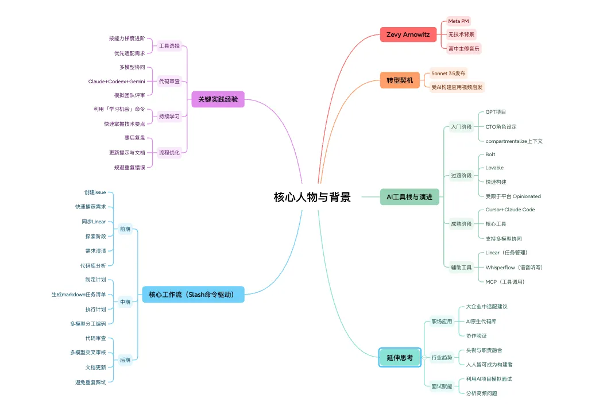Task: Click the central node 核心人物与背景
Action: (x=312, y=198)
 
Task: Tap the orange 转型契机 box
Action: (x=400, y=80)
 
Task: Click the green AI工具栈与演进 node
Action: (x=409, y=197)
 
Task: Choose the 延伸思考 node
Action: (x=400, y=357)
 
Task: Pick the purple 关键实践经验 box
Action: (x=218, y=99)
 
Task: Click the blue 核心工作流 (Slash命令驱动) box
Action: (x=193, y=295)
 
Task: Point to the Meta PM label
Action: (x=458, y=21)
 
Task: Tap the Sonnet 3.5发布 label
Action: (x=449, y=74)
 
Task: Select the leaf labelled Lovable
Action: (x=494, y=168)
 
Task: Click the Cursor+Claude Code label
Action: (x=510, y=210)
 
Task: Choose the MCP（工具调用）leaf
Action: (x=505, y=282)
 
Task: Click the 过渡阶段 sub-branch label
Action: (x=461, y=176)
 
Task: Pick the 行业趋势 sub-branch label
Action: (x=442, y=358)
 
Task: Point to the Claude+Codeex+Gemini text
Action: (x=117, y=81)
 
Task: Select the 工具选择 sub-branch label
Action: (x=169, y=46)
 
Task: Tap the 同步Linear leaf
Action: (x=94, y=222)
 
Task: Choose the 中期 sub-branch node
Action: (x=125, y=301)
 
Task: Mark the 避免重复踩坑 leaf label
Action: (x=90, y=382)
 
